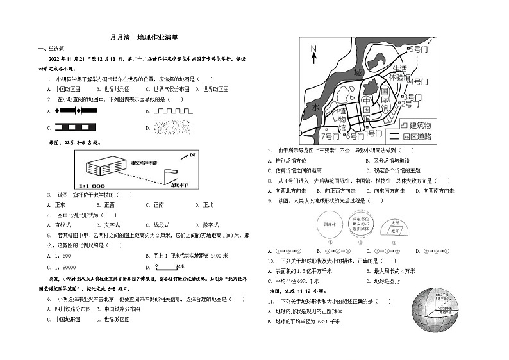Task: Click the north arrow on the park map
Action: click(313, 54)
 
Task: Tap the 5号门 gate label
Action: click(420, 49)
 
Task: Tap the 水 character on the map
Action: click(315, 108)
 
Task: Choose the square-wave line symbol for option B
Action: click(173, 110)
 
